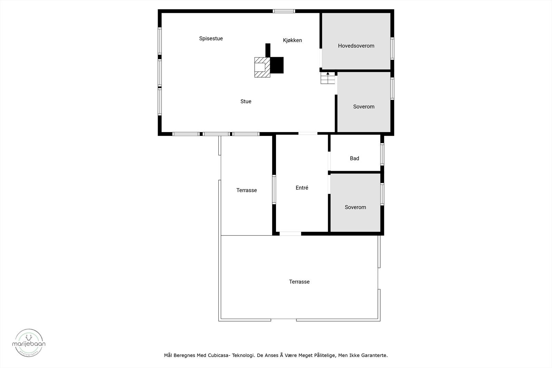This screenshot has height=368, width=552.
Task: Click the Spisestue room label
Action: [x=211, y=39]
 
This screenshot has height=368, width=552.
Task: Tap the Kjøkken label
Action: [x=292, y=40]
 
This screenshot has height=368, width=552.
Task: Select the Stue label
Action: [x=246, y=101]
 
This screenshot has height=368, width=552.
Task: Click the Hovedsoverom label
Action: [x=356, y=46]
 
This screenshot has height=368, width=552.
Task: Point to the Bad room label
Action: [x=354, y=158]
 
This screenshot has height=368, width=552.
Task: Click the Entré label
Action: [x=302, y=188]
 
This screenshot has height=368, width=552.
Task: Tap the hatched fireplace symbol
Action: [x=262, y=67]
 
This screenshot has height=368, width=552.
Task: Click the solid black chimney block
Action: [x=276, y=65]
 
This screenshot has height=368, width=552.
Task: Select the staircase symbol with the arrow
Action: [x=328, y=78]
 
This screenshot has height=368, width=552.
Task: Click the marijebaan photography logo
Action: [x=29, y=342]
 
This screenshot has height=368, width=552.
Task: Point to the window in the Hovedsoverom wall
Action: [x=392, y=49]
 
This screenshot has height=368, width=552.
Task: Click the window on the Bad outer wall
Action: [x=382, y=154]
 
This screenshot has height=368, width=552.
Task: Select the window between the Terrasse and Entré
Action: [x=274, y=190]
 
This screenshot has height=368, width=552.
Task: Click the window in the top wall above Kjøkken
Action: [x=284, y=11]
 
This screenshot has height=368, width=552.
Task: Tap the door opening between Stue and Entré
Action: [x=308, y=133]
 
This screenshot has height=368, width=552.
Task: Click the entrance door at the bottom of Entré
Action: [x=290, y=234]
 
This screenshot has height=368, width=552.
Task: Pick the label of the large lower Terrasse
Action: [x=299, y=282]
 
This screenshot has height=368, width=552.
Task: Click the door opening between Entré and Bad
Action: [x=329, y=161]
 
